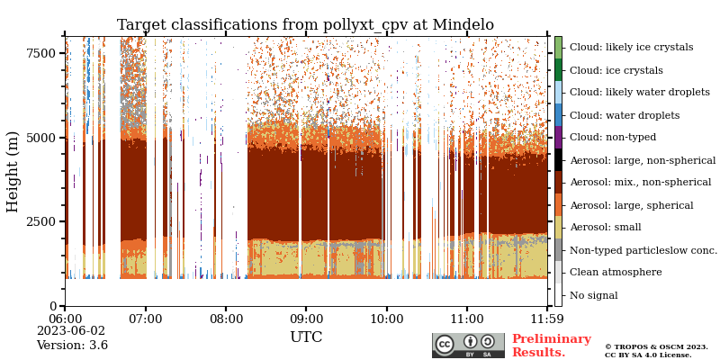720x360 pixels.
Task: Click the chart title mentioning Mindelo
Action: (305, 25)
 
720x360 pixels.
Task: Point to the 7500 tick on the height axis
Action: (40, 53)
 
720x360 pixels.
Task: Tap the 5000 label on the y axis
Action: (40, 138)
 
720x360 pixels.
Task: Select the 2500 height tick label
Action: (40, 221)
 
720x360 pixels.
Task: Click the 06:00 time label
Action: (65, 319)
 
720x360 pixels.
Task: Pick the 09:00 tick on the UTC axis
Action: (306, 319)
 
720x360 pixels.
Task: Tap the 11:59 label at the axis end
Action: (545, 319)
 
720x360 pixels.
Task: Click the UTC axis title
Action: (306, 337)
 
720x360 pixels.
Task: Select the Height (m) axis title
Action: (13, 171)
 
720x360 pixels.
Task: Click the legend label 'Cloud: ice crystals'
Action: (616, 70)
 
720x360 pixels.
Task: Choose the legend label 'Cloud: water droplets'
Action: (624, 115)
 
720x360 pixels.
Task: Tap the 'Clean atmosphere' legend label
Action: (615, 273)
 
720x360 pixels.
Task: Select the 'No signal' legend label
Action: (593, 295)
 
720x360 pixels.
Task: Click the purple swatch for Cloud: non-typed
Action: (558, 137)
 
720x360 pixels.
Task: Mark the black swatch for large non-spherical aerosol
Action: (558, 159)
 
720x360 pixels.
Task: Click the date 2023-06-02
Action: (71, 331)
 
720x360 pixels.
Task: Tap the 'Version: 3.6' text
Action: (72, 346)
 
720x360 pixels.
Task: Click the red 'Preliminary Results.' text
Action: (551, 346)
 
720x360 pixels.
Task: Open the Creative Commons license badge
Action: (468, 346)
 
